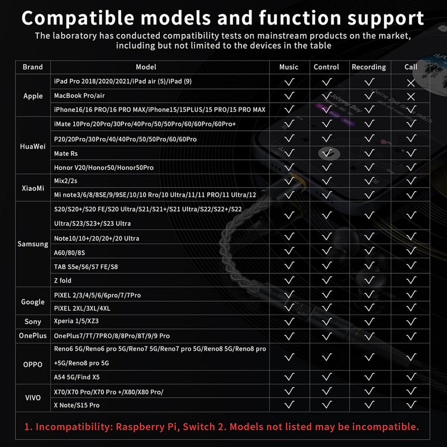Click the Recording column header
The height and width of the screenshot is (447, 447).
pyautogui.click(x=369, y=67)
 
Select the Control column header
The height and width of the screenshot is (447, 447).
pyautogui.click(x=326, y=67)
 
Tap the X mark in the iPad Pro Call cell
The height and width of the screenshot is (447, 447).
pyautogui.click(x=411, y=83)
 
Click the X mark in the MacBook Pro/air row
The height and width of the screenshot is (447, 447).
pyautogui.click(x=411, y=97)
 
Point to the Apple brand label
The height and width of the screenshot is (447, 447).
pyautogui.click(x=33, y=96)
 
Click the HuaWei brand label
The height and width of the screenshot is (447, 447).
pyautogui.click(x=33, y=146)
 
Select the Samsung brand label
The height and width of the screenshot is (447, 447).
pyautogui.click(x=33, y=244)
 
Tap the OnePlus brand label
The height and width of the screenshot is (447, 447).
pyautogui.click(x=33, y=336)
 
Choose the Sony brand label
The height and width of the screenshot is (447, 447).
pyautogui.click(x=33, y=322)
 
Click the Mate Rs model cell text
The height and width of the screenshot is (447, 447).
pyautogui.click(x=66, y=154)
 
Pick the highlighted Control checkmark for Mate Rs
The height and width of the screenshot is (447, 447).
pyautogui.click(x=327, y=153)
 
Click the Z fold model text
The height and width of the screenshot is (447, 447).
pyautogui.click(x=63, y=280)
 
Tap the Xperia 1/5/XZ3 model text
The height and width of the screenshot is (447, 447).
pyautogui.click(x=77, y=321)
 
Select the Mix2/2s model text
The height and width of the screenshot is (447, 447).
pyautogui.click(x=65, y=180)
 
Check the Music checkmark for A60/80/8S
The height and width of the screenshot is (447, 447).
pyautogui.click(x=289, y=250)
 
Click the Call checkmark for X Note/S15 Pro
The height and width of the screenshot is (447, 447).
pyautogui.click(x=411, y=405)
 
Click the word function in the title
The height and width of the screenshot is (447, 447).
pyautogui.click(x=300, y=18)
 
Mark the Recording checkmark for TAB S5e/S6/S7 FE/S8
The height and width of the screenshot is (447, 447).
pyautogui.click(x=369, y=265)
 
